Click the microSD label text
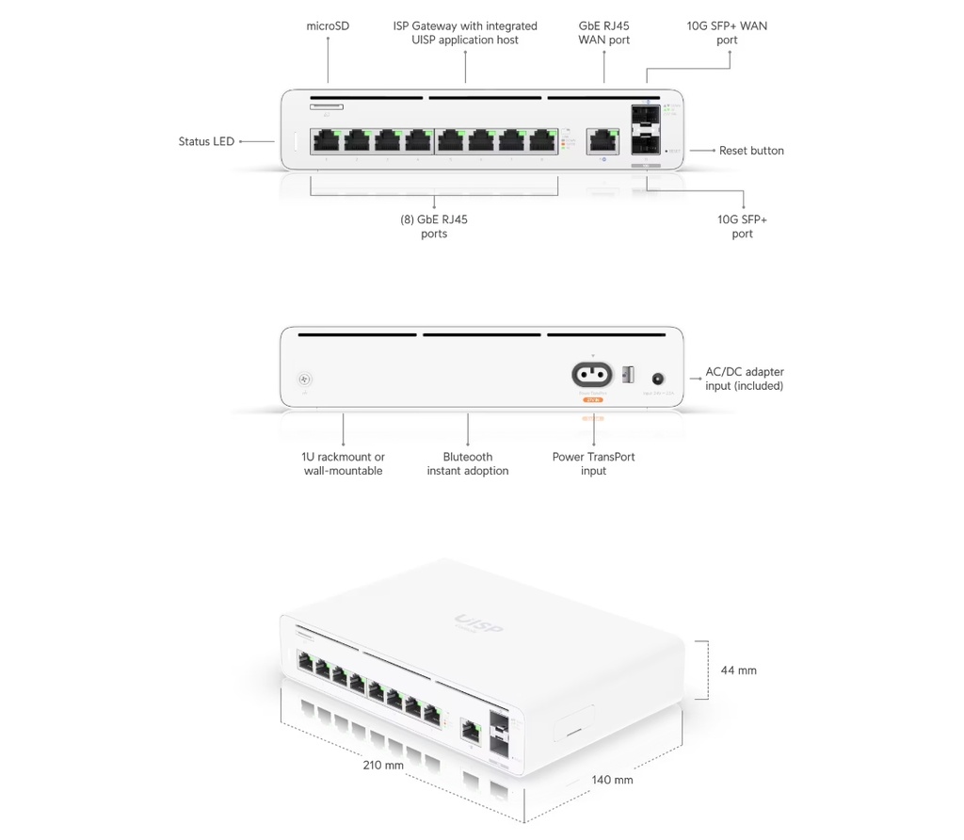click(328, 26)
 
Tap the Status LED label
click(206, 142)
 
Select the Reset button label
click(751, 151)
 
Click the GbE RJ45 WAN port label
click(603, 33)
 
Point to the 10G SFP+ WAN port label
click(727, 33)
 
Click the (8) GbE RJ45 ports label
click(434, 226)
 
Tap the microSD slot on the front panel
click(327, 107)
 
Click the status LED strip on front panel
click(295, 141)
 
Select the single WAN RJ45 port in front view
click(601, 141)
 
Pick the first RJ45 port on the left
click(325, 141)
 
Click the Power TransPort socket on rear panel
click(592, 375)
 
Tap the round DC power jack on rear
click(658, 378)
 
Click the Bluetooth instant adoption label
click(467, 463)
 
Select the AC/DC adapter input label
click(745, 379)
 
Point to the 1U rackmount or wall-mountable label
click(343, 463)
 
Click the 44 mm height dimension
click(738, 670)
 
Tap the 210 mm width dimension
click(383, 765)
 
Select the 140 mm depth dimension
click(612, 780)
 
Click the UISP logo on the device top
click(479, 624)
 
